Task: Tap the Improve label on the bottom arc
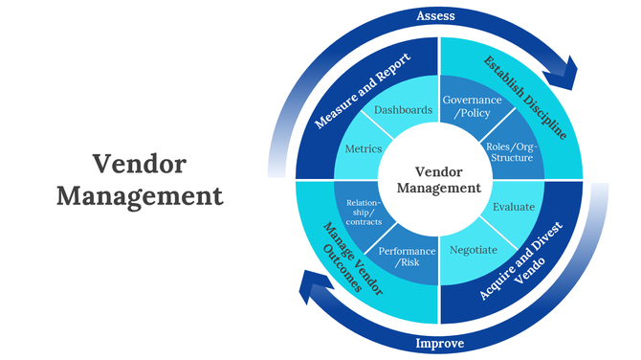pos(438,343)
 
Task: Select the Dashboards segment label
pos(403,110)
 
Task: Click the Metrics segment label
pos(363,149)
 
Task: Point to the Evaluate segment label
pos(513,206)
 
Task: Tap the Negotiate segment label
pos(474,250)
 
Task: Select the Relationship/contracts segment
pos(364,213)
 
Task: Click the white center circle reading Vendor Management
pos(438,179)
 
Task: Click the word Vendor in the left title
pos(140,163)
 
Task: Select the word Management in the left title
pos(140,196)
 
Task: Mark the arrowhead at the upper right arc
pos(566,72)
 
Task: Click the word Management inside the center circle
pos(438,189)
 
